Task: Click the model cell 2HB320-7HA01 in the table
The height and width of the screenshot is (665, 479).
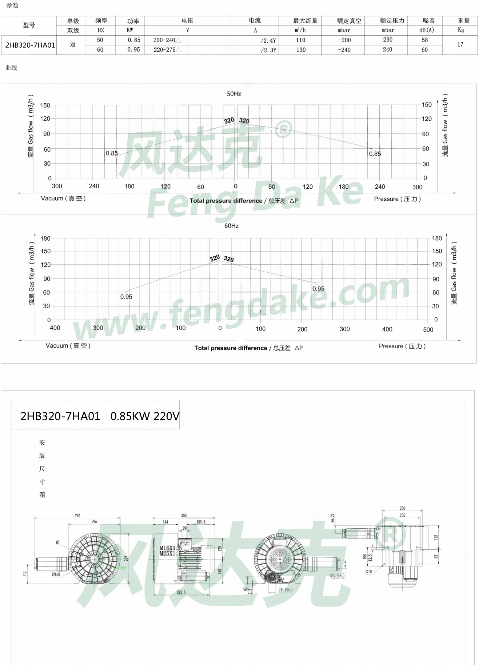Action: point(30,45)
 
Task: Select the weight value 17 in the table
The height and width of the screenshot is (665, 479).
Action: point(460,45)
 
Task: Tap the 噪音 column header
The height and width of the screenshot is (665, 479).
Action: point(428,21)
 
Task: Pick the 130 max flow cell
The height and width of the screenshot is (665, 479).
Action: point(301,50)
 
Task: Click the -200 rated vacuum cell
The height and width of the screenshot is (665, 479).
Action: point(344,40)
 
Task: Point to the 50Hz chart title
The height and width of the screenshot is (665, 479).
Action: point(234,94)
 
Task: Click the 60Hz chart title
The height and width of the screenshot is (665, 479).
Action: point(231,226)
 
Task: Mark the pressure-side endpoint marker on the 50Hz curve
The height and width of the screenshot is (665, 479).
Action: point(374,149)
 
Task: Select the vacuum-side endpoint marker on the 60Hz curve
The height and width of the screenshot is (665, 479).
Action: point(124,292)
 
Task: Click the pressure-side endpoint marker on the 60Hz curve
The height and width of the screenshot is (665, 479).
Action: point(317,283)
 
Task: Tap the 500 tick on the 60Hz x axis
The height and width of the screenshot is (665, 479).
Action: point(428,330)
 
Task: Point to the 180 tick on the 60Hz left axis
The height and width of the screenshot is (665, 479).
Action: point(45,239)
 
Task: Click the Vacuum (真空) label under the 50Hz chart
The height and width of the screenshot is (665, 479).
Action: point(63,199)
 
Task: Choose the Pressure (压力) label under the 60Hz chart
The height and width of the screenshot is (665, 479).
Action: point(402,346)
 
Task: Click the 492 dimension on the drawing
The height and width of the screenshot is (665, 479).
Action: point(77,515)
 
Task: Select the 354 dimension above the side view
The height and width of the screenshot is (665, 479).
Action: point(184,515)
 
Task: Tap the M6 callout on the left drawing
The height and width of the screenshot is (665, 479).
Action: point(57,542)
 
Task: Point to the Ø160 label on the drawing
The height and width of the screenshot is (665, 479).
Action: point(56,574)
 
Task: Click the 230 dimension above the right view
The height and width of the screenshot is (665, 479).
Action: point(402,508)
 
